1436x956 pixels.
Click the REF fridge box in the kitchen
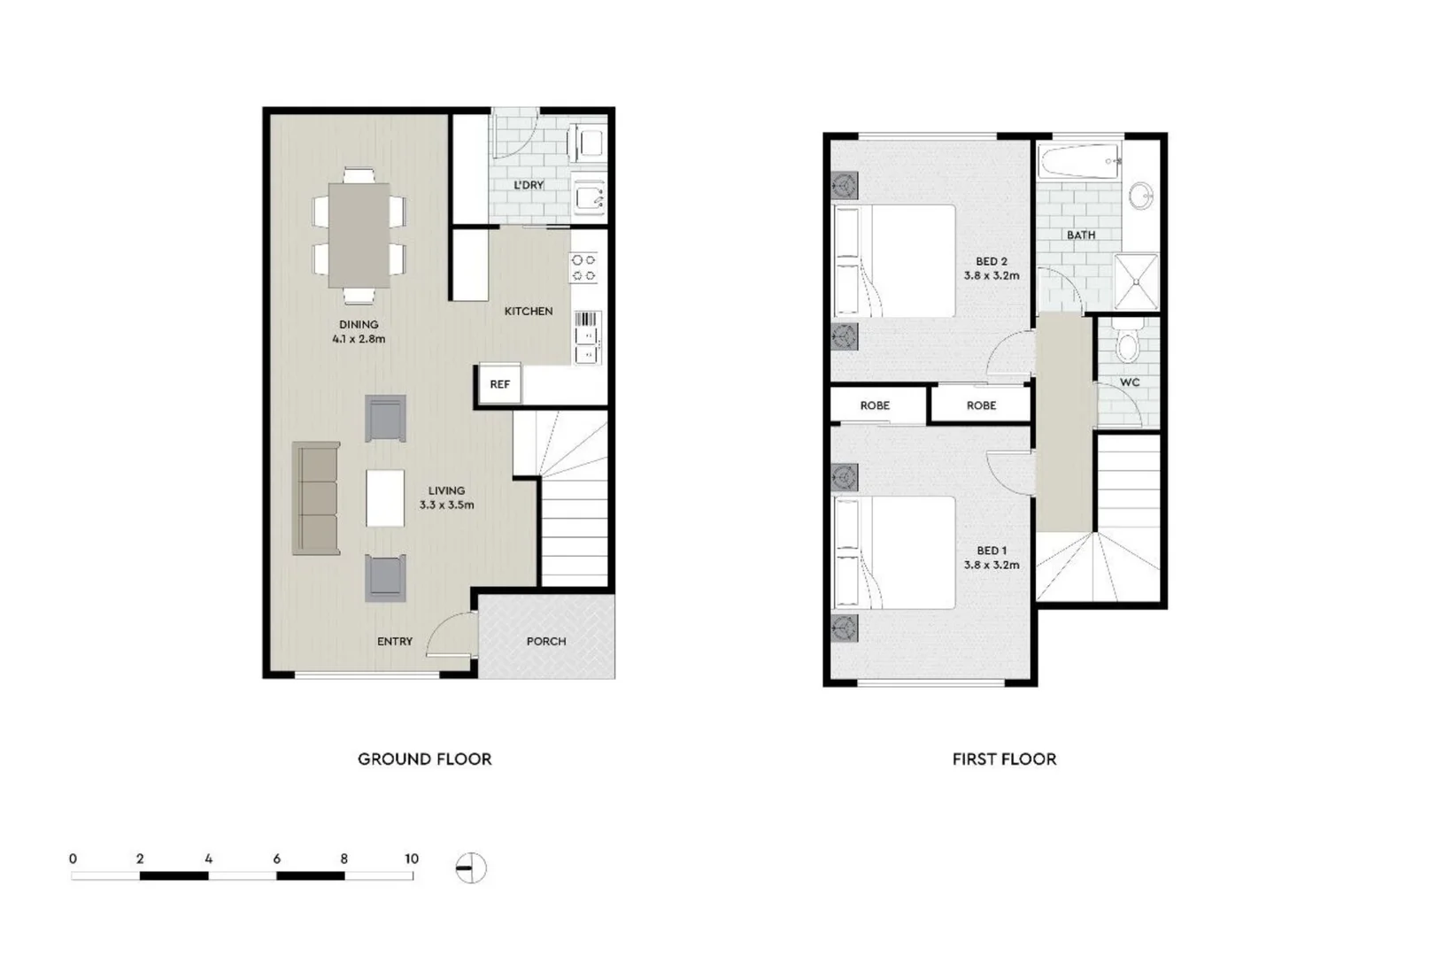[499, 384]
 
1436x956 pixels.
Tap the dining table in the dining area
[359, 235]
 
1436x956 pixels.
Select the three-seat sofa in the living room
[316, 498]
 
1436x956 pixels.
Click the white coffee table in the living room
[385, 498]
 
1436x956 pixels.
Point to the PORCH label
[545, 641]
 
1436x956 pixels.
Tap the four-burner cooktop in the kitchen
[583, 267]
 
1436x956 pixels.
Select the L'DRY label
[529, 185]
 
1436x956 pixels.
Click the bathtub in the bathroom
[1078, 162]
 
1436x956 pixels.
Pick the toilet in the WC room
[1127, 344]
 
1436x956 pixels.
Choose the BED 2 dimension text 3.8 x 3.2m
[992, 275]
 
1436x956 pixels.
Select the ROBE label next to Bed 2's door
[981, 405]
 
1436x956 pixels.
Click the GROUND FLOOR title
[424, 759]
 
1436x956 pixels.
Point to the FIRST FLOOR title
[1004, 759]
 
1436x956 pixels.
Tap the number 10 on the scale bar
[412, 859]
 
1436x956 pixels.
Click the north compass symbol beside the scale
[471, 867]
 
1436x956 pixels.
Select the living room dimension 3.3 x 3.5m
[446, 505]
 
